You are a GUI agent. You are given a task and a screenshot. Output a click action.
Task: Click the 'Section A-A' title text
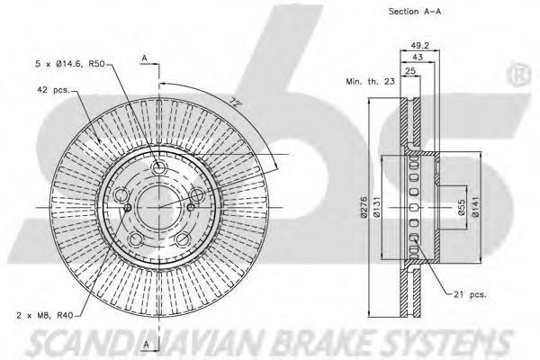coord(415,12)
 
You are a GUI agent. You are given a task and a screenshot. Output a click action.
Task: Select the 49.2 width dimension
coord(419,46)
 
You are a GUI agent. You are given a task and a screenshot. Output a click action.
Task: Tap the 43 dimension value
coord(418,58)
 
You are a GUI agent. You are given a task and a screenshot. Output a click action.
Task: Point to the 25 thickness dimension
coord(409,71)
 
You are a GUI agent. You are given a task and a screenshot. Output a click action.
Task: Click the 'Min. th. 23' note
coord(370,82)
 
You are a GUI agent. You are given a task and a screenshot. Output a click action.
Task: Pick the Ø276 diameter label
coord(364,207)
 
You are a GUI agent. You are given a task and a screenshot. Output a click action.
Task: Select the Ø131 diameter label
coord(376,207)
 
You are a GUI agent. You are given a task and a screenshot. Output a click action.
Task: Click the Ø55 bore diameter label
coord(462,207)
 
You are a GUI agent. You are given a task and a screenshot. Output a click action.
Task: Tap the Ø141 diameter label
coord(475,207)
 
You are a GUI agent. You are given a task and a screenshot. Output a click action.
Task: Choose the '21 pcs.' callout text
coord(470,294)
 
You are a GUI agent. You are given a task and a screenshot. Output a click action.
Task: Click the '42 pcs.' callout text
coord(53,90)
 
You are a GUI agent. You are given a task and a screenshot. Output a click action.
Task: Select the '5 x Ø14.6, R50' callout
coord(70,64)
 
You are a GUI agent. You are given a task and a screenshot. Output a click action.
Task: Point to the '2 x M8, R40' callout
coord(44,314)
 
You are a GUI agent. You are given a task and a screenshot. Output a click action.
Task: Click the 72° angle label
coord(235,102)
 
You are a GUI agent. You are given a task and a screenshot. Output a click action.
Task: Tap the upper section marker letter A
coord(145,58)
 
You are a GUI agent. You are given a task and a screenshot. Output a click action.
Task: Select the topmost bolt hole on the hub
coord(158,169)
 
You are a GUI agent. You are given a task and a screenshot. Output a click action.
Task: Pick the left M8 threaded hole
coord(128,207)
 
